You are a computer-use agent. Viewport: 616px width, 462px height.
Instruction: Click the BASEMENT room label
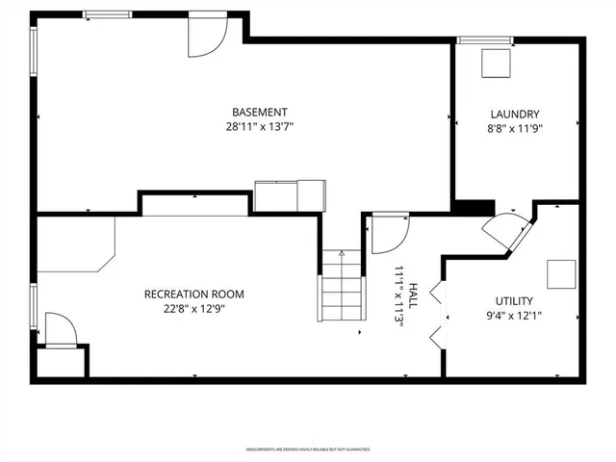[x=259, y=112]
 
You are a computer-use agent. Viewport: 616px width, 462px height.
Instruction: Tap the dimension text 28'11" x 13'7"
[x=259, y=126]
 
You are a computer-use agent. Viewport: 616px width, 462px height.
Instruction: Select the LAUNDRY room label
[x=515, y=113]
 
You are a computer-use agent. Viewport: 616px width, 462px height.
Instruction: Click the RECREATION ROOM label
[x=193, y=295]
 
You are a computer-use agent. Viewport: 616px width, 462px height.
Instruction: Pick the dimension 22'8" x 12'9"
[x=193, y=309]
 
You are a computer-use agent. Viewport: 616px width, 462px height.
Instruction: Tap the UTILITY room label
[x=514, y=301]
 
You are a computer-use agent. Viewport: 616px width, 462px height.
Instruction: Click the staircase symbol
[x=341, y=285]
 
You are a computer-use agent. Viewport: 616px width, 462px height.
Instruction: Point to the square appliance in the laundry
[x=497, y=63]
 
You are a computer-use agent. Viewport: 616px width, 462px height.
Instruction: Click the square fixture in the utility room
[x=561, y=274]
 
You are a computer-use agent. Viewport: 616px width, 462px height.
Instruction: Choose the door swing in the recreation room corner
[x=59, y=329]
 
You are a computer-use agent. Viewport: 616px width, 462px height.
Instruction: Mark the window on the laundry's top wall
[x=472, y=40]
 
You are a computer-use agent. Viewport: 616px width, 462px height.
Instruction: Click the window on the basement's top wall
[x=107, y=14]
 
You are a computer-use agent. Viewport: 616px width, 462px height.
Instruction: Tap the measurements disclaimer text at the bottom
[x=307, y=449]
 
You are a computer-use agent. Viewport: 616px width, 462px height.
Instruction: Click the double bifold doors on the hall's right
[x=438, y=314]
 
